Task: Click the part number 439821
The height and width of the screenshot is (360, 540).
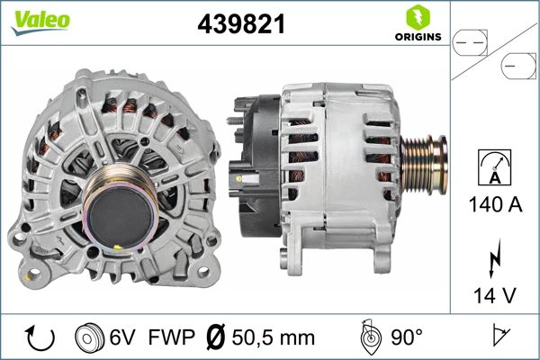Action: coord(240,24)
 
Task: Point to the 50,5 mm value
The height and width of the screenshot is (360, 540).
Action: coord(274,337)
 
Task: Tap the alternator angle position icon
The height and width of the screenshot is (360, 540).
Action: coord(368,337)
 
